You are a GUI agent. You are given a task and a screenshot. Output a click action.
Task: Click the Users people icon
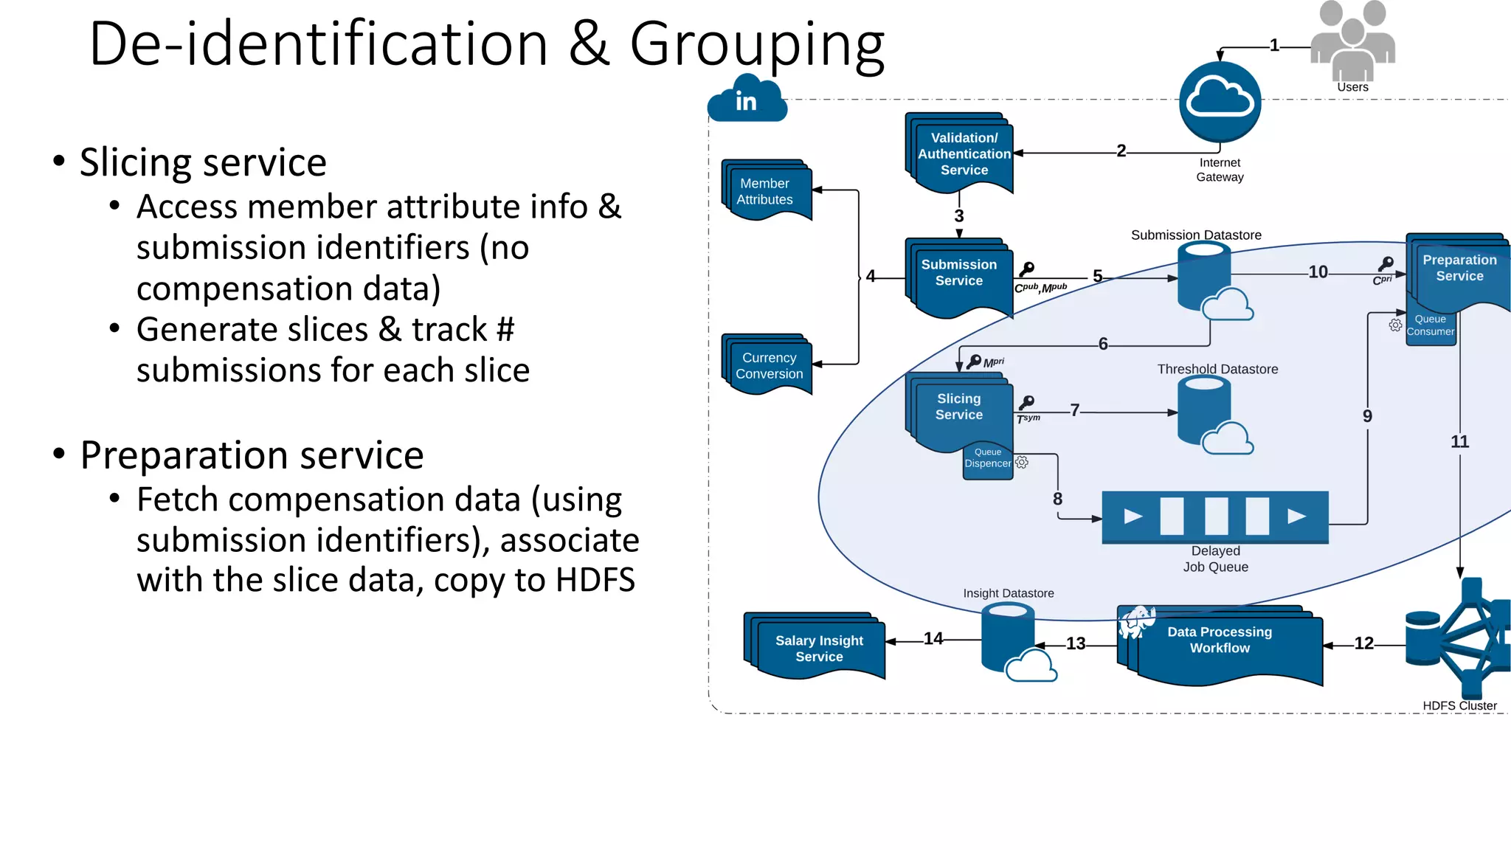pos(1352,41)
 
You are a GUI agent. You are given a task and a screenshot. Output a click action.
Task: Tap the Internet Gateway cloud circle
pos(1220,102)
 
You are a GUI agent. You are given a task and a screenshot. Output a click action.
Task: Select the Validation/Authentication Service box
pos(961,153)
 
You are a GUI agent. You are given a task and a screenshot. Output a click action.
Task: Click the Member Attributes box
pos(767,191)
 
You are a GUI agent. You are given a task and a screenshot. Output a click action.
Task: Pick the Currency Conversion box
pos(768,365)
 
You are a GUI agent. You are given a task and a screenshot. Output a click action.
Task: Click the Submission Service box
pos(958,275)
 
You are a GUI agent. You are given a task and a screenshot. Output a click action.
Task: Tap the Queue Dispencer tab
pos(988,460)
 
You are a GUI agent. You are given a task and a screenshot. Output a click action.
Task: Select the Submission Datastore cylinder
pos(1204,277)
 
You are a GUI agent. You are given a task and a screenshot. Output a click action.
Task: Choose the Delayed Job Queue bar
pos(1214,516)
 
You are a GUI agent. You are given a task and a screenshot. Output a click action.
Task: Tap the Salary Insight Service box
pos(817,646)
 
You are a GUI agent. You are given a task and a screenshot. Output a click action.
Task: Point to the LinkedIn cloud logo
pos(747,100)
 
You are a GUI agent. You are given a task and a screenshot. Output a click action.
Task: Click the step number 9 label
pos(1367,416)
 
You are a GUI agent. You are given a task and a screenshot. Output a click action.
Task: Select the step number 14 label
pos(933,638)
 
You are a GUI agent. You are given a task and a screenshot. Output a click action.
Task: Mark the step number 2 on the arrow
pos(1121,151)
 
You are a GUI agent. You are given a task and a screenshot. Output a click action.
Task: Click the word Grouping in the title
pos(756,46)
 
